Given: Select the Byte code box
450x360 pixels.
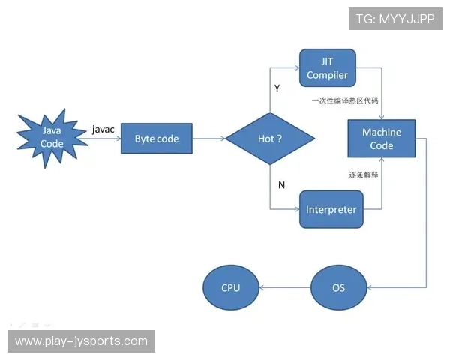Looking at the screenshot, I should (157, 139).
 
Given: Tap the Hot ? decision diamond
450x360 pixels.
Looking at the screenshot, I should (270, 139).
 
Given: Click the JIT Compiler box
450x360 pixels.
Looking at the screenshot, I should (328, 68).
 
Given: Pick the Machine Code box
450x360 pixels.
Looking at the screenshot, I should (382, 139).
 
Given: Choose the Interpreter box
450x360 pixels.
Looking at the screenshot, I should (331, 209).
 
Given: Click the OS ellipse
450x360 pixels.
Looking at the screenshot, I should (338, 287).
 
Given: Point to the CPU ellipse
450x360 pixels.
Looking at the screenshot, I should (231, 287).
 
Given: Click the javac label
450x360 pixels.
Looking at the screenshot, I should (103, 129).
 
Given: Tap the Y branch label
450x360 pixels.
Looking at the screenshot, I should (277, 88).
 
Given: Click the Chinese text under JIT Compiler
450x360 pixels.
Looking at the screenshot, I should (346, 99).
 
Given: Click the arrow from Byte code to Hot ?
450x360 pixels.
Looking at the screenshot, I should (209, 139).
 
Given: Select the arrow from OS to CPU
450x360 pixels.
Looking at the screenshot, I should (285, 287).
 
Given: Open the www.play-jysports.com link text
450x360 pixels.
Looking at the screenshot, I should (81, 341).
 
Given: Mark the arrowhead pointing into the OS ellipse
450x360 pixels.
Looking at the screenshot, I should (370, 287).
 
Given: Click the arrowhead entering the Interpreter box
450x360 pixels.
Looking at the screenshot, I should (296, 209).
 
